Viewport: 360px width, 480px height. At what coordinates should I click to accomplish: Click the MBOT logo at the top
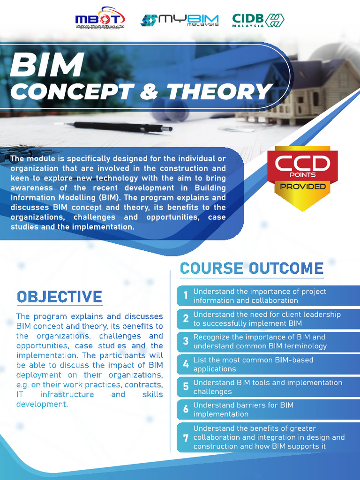[x=100, y=20]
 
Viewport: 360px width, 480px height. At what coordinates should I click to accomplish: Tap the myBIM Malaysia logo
[x=180, y=20]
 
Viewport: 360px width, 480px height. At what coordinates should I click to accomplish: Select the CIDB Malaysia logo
[x=258, y=20]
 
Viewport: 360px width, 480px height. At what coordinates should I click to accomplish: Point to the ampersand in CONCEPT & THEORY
[x=149, y=92]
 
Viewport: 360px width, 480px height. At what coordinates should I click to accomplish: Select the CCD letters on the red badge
[x=302, y=164]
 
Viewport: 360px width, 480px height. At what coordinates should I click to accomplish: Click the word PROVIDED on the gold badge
[x=302, y=187]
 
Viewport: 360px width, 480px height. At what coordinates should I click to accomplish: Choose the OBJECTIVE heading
[x=59, y=297]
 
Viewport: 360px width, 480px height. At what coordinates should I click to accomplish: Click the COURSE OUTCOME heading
[x=252, y=268]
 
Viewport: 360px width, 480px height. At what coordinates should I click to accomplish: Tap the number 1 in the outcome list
[x=186, y=295]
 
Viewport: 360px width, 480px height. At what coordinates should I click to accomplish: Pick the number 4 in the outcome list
[x=186, y=364]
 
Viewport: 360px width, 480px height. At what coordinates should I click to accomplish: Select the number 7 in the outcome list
[x=186, y=437]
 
